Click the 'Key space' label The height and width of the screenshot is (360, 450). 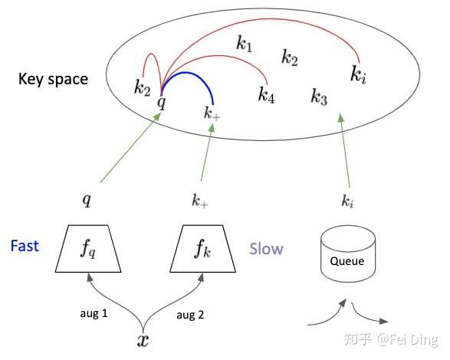[53, 79]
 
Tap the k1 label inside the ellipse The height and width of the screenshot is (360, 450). [245, 44]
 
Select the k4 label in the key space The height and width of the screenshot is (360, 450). [266, 95]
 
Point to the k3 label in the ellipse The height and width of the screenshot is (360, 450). [319, 97]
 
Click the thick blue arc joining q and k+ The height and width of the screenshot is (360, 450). [186, 73]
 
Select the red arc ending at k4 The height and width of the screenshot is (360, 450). [218, 56]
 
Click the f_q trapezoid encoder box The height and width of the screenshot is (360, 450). [88, 249]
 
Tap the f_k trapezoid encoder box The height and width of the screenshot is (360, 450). [203, 249]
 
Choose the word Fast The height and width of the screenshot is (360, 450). [25, 246]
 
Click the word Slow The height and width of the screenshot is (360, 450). [266, 249]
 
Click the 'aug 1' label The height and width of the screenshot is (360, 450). [94, 313]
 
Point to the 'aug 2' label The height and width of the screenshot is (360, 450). [190, 315]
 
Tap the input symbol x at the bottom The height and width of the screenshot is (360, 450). [143, 341]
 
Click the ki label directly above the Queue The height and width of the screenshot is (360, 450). [347, 201]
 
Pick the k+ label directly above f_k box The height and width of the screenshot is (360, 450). [200, 200]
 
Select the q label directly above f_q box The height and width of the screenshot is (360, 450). [87, 199]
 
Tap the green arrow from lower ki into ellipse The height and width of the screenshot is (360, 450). [345, 150]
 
